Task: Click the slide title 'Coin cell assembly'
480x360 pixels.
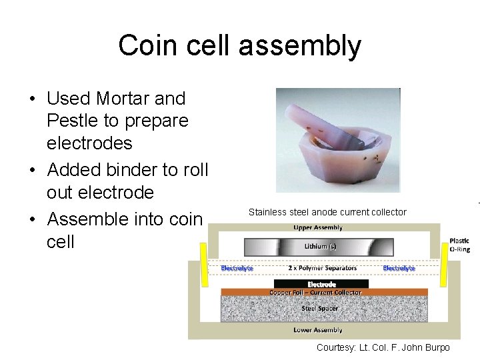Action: tap(239, 46)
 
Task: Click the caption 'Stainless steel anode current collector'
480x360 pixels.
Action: tap(327, 212)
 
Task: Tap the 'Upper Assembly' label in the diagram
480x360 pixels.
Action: tap(317, 227)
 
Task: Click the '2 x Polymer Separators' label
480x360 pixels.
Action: tap(322, 268)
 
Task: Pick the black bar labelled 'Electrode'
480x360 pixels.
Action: tap(321, 284)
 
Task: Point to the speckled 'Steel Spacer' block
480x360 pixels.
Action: tap(320, 309)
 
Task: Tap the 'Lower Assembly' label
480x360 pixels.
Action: tap(317, 330)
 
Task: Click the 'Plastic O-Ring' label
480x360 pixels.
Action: tap(459, 245)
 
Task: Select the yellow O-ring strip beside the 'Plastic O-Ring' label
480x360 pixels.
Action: tap(443, 261)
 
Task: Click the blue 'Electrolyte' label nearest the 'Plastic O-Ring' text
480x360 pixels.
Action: tap(399, 268)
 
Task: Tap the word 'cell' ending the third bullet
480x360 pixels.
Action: tap(61, 241)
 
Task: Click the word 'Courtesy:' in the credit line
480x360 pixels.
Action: tap(337, 348)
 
